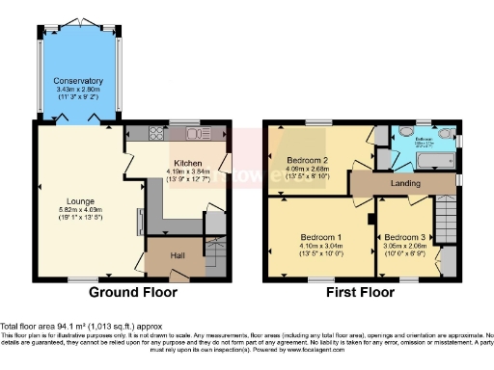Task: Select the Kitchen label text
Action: (x=188, y=163)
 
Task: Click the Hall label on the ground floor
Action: (x=178, y=255)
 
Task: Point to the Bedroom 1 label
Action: (x=318, y=237)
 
